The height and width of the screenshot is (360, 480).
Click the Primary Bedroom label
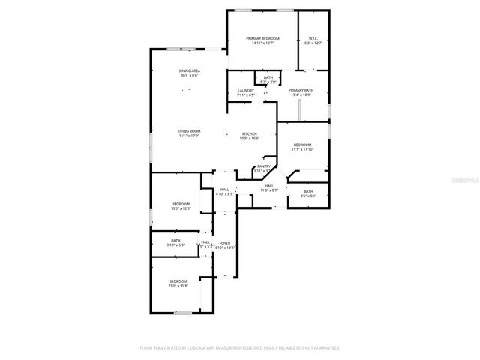(262, 38)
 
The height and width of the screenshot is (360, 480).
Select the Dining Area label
(189, 70)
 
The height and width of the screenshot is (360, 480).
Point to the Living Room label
(189, 131)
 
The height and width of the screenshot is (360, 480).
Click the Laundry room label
(246, 91)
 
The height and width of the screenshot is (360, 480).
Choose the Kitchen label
(249, 133)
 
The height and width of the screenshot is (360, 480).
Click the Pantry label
(264, 166)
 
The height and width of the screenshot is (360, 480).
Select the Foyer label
(225, 243)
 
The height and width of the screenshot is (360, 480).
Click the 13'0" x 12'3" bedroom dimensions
(181, 208)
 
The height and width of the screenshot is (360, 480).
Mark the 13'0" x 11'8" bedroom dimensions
(178, 285)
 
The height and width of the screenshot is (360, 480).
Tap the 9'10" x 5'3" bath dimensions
(175, 244)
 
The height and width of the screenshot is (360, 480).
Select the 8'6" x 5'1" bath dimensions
(308, 196)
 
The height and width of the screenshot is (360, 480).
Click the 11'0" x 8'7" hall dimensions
(269, 190)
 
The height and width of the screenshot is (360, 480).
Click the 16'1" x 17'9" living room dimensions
(189, 136)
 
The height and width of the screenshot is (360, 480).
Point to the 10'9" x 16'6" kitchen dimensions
(249, 138)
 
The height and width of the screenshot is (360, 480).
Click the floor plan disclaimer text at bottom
(240, 347)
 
